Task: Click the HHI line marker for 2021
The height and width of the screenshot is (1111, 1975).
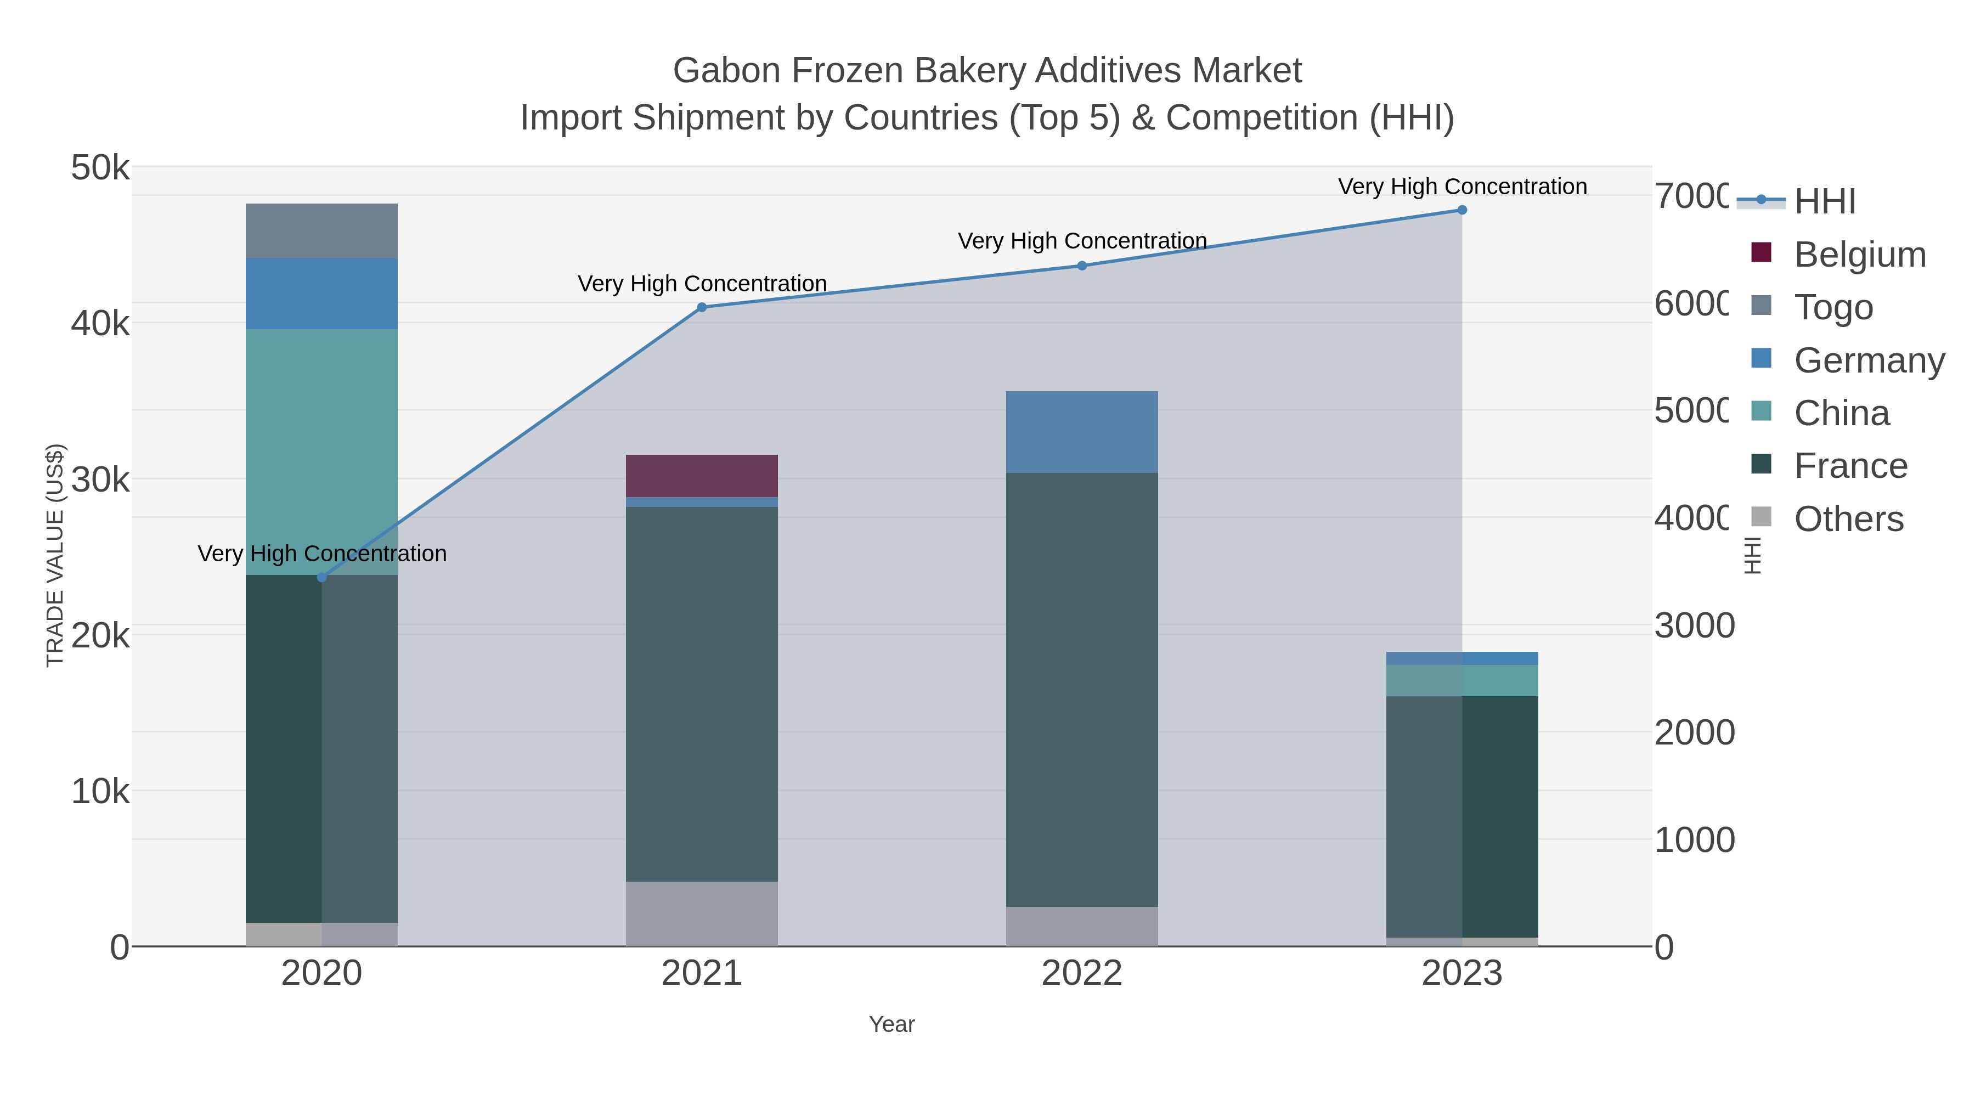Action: point(702,307)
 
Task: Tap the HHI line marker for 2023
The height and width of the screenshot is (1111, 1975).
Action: point(1462,210)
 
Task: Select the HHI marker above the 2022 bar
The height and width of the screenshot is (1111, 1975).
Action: point(1082,266)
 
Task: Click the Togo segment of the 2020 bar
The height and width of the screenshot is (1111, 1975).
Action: point(321,231)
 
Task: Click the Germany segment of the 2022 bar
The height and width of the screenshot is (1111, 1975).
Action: point(1082,432)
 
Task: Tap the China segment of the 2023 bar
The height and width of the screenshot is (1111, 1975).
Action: point(1462,680)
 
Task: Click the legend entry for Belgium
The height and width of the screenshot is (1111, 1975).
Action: point(1859,255)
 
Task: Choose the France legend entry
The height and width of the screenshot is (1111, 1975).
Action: point(1850,466)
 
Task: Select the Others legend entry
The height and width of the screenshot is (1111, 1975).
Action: point(1848,519)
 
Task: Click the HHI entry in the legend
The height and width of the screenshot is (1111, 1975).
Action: point(1824,202)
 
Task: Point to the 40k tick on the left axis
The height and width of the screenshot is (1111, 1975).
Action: point(100,324)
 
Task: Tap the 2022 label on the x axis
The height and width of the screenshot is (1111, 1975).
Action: point(1082,974)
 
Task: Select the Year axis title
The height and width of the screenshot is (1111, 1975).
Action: point(891,1024)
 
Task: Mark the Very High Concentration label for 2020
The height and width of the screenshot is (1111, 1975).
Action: point(322,554)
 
